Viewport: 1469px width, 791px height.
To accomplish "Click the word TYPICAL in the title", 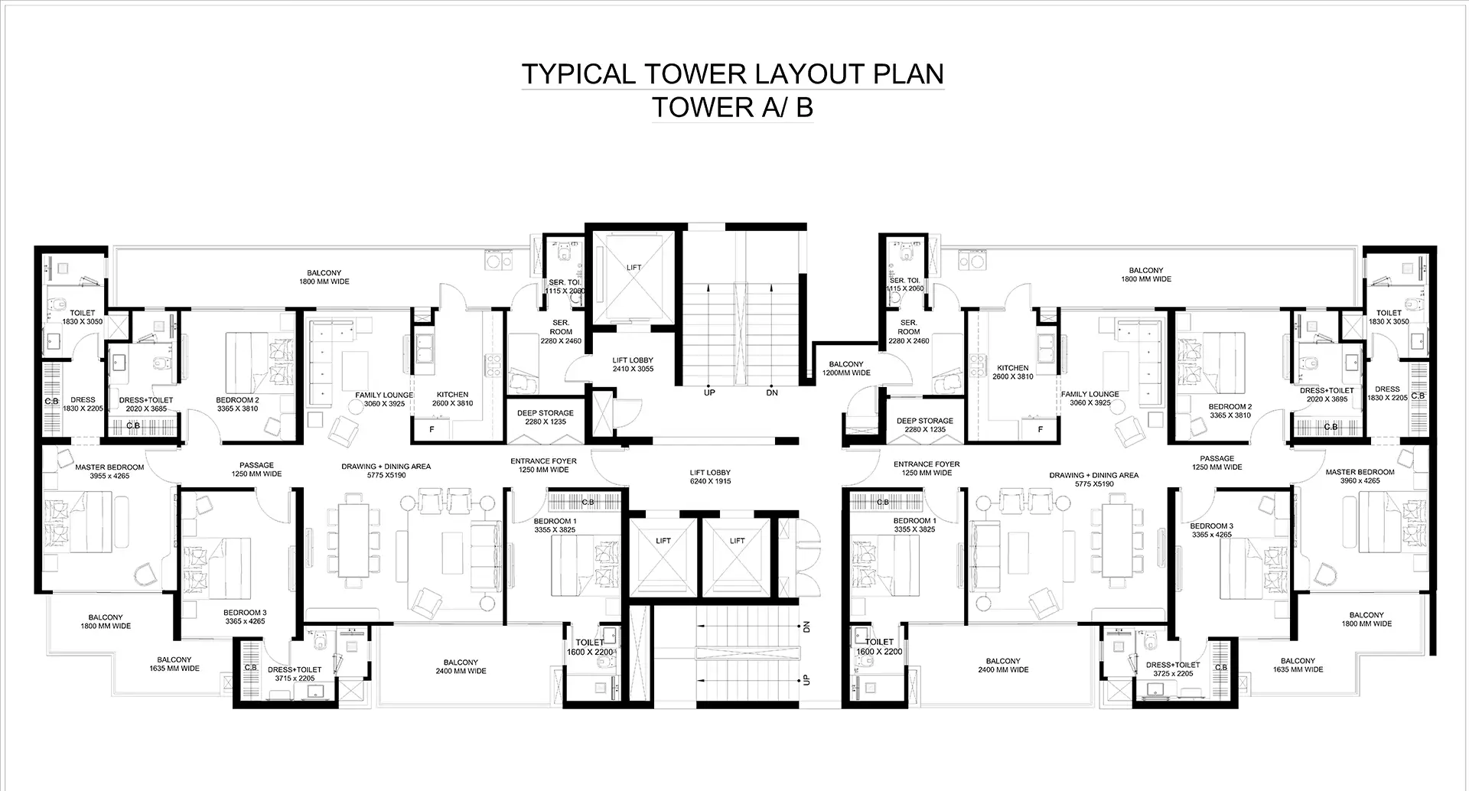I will click(x=578, y=74).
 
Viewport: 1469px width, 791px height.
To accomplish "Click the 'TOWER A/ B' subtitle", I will click(x=732, y=108).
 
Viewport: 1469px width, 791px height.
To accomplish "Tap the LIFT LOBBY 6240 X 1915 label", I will click(x=709, y=477).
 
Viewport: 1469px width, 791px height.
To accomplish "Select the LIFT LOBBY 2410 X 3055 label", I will click(x=633, y=364).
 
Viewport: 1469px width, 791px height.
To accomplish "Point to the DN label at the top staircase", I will click(x=771, y=392).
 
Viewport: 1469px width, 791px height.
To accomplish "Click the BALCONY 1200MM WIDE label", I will click(x=845, y=369).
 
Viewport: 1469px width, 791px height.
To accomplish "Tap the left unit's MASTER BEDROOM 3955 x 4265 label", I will click(x=109, y=471).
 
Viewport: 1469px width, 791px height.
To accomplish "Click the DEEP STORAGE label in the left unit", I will click(x=545, y=417).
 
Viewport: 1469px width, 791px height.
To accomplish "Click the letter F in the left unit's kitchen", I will click(x=432, y=430).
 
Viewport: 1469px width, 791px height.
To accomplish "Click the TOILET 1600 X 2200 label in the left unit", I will click(x=589, y=647).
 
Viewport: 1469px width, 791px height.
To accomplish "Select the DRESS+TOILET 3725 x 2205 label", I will click(x=1173, y=669).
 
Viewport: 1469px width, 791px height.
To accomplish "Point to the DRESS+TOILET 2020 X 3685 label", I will click(x=145, y=404).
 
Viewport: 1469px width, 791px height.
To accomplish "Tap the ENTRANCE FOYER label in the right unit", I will click(x=926, y=468).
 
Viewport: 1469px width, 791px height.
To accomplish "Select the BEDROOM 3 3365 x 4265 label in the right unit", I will click(x=1211, y=530).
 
